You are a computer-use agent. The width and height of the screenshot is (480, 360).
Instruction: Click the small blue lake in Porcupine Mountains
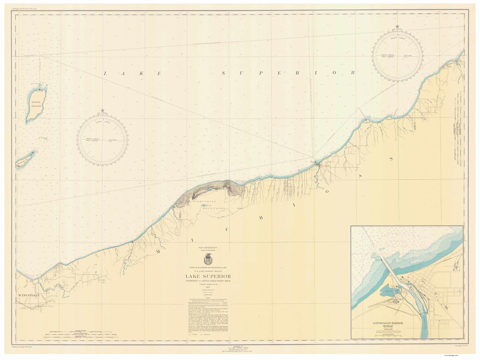206,205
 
